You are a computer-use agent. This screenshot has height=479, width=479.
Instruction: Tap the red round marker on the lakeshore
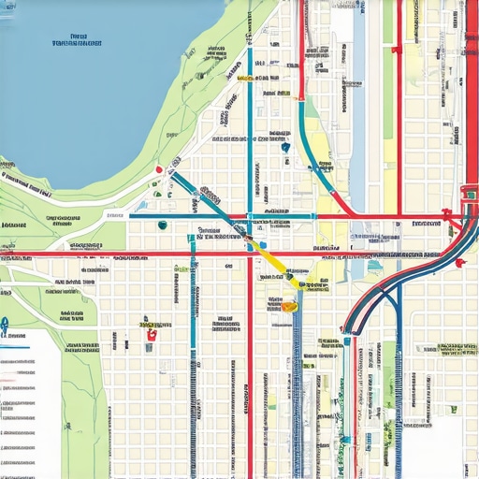160,170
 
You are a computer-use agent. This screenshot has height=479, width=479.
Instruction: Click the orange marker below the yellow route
289,305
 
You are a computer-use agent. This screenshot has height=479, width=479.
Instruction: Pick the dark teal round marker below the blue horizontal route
163,225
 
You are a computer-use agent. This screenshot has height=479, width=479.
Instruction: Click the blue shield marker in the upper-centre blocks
284,147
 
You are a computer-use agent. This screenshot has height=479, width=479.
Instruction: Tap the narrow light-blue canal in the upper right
359,56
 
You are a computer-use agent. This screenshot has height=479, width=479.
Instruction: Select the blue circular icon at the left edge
4,325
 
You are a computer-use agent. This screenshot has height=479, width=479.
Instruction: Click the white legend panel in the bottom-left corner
28,402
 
